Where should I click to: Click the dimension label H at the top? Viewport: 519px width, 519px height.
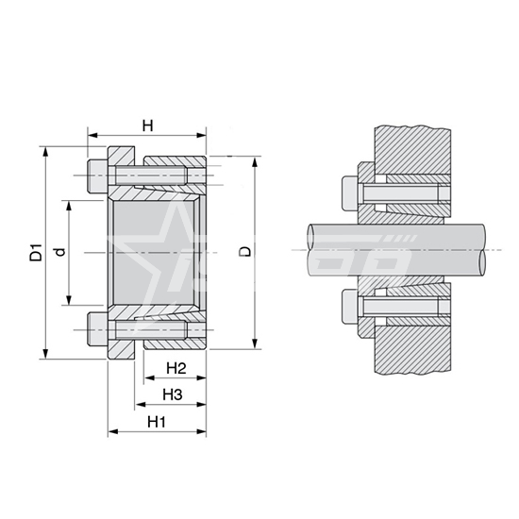(147, 126)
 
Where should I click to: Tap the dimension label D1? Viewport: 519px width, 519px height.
(36, 252)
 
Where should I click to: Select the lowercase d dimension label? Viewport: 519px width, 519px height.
(59, 252)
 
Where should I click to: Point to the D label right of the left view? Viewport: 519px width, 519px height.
(245, 252)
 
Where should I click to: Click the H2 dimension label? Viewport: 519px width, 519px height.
(176, 368)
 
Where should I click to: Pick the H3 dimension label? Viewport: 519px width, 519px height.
(173, 394)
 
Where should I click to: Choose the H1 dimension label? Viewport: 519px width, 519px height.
(157, 422)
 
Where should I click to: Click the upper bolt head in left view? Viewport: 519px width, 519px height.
(97, 176)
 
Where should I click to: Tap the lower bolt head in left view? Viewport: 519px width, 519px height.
(97, 329)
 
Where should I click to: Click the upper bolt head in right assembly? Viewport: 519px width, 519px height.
(350, 193)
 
